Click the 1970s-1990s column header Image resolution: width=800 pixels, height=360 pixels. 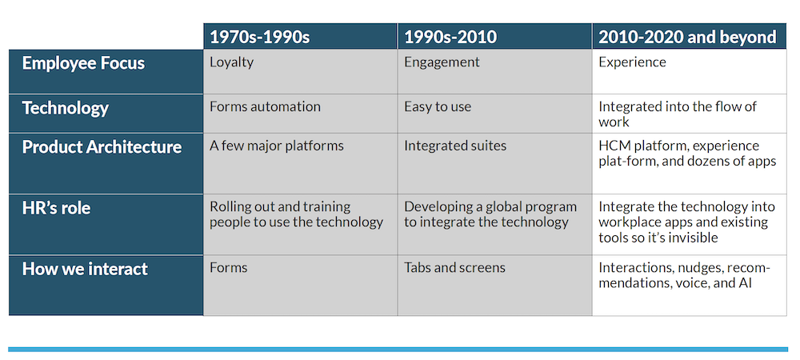(259, 37)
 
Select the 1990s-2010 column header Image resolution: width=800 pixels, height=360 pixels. (450, 37)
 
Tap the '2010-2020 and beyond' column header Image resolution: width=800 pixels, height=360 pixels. (687, 37)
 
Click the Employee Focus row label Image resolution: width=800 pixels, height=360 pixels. (83, 63)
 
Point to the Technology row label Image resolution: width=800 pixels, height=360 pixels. (65, 108)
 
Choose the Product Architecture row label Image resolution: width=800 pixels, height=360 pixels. (102, 147)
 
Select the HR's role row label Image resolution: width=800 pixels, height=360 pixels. (56, 208)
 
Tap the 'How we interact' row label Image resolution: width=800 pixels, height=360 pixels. (85, 269)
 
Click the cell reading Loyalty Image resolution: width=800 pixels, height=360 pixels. (231, 62)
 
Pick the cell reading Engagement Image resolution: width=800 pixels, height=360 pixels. (442, 62)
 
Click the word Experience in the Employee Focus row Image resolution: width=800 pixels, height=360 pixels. (632, 62)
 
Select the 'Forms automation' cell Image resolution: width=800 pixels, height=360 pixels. (265, 106)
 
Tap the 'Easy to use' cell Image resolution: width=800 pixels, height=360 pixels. (438, 106)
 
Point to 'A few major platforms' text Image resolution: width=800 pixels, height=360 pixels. (277, 146)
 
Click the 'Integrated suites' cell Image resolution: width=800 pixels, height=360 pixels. (455, 146)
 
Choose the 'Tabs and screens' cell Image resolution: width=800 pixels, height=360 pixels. (454, 267)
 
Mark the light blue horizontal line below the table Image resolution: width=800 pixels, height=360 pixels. (398, 349)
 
